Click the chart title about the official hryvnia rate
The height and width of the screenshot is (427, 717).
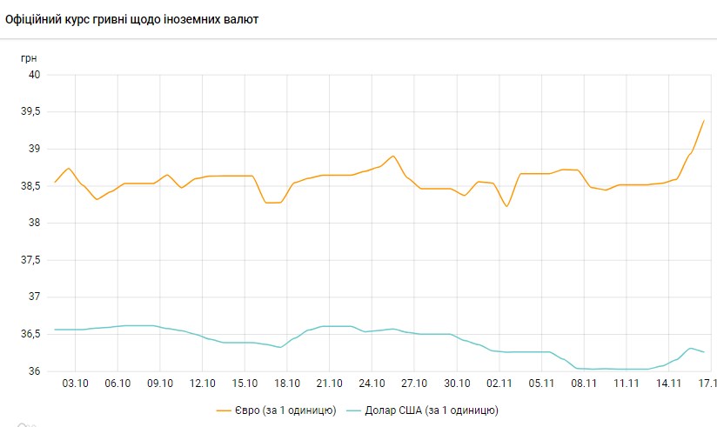(131, 18)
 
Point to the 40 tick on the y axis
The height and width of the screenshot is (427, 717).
(36, 75)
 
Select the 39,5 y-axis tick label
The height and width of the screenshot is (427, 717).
(30, 112)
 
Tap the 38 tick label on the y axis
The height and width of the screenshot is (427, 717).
(36, 224)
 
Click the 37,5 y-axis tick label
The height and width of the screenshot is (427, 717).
(30, 260)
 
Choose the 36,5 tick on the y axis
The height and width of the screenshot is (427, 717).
(30, 335)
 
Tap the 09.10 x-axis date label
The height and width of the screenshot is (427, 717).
(160, 383)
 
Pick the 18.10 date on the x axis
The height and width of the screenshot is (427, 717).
(287, 383)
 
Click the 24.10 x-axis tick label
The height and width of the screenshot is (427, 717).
(372, 383)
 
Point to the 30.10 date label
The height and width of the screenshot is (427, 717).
(457, 383)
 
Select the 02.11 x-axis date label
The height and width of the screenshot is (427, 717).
(499, 383)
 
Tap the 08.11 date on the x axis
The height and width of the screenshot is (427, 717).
(584, 383)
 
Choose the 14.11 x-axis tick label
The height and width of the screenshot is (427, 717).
(668, 383)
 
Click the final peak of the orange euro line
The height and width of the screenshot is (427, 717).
(703, 121)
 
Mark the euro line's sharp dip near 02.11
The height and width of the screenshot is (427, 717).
(506, 206)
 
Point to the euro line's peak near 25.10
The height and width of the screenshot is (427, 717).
(393, 157)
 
